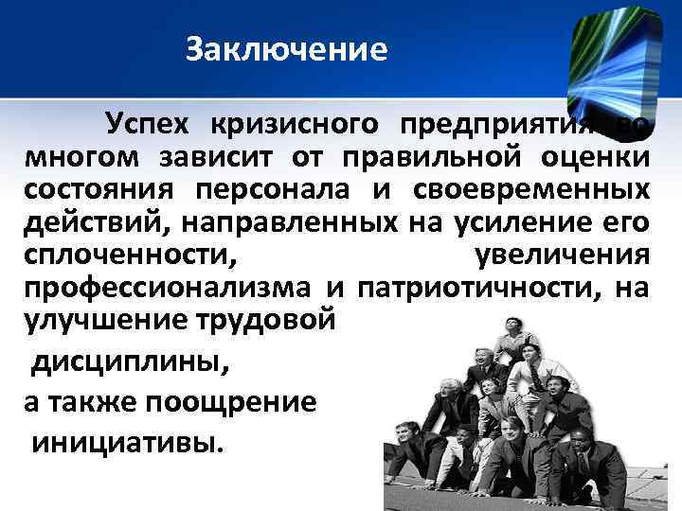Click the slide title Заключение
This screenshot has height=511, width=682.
point(287,49)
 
